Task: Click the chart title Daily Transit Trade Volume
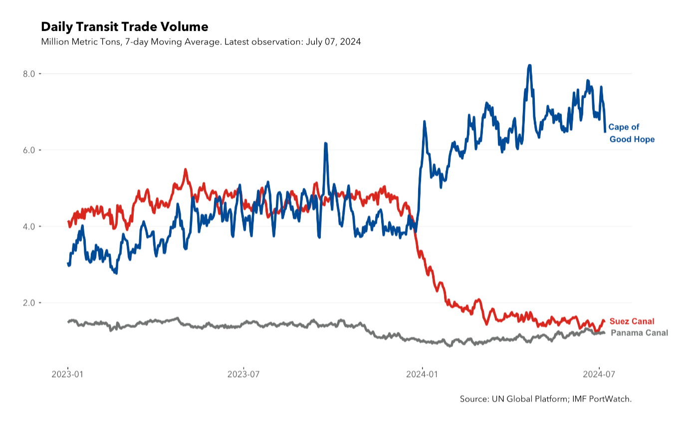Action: (125, 27)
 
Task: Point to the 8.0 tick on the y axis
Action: (29, 74)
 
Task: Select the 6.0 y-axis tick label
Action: (29, 150)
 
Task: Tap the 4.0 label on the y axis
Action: (29, 227)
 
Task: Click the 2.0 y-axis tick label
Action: (29, 303)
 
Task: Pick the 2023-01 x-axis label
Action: (67, 374)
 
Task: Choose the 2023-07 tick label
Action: (243, 374)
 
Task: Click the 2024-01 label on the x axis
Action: (422, 374)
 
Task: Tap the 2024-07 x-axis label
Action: (599, 374)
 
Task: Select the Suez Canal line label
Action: (632, 321)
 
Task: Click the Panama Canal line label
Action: (639, 333)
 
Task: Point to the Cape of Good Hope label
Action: (632, 133)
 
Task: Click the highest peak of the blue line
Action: (529, 65)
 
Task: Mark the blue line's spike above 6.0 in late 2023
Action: (326, 143)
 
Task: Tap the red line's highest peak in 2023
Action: (185, 169)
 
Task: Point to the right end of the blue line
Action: (605, 132)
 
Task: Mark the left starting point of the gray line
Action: (68, 322)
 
